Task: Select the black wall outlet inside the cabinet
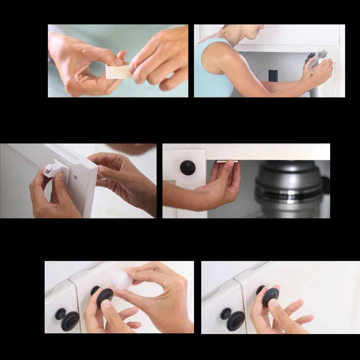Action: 273,76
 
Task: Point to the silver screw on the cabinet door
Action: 75,177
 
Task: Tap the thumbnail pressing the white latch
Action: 59,176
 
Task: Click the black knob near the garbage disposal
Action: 188,168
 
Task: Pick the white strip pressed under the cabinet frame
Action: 227,162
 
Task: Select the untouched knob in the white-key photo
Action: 68,319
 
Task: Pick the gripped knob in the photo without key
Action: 269,295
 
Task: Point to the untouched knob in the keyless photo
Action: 234,319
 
